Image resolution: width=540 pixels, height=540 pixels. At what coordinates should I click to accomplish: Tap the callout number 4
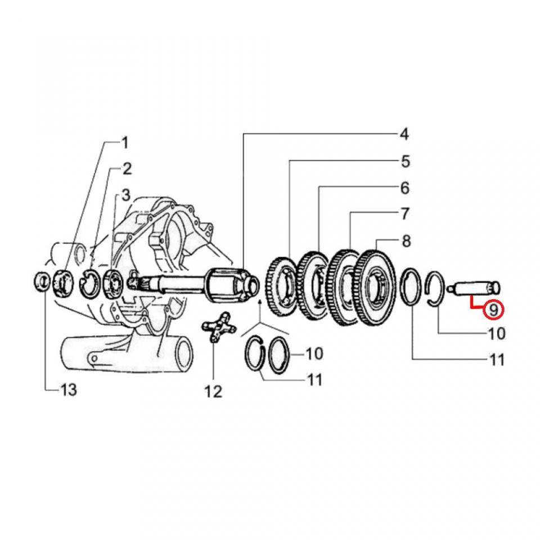click(x=403, y=134)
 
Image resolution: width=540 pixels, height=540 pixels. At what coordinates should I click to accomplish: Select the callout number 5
click(x=405, y=162)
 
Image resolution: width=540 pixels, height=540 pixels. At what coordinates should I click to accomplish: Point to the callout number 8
click(x=406, y=241)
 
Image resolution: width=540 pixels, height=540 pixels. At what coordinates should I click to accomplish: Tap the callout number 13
click(x=68, y=389)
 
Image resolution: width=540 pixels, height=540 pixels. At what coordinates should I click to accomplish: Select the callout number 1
click(x=125, y=143)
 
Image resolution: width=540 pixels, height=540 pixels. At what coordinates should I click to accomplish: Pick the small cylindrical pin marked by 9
click(x=476, y=289)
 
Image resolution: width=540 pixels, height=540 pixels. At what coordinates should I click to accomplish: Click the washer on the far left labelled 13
click(x=42, y=280)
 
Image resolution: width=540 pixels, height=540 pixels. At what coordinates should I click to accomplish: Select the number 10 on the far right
click(x=497, y=334)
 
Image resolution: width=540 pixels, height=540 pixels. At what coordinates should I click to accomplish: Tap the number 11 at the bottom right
click(x=497, y=359)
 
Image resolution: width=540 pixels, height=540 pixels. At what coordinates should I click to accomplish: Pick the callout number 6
click(x=405, y=188)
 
